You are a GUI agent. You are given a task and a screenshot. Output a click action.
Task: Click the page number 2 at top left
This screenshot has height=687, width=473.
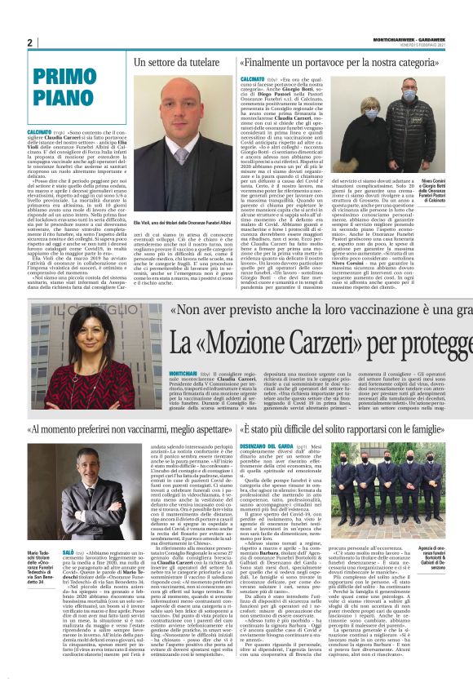pos(30,42)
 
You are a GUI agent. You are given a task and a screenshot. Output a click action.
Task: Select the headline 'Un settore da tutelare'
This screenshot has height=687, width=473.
pos(183,62)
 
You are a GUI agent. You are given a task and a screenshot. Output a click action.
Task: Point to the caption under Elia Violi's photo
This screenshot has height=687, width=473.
pos(183,220)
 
